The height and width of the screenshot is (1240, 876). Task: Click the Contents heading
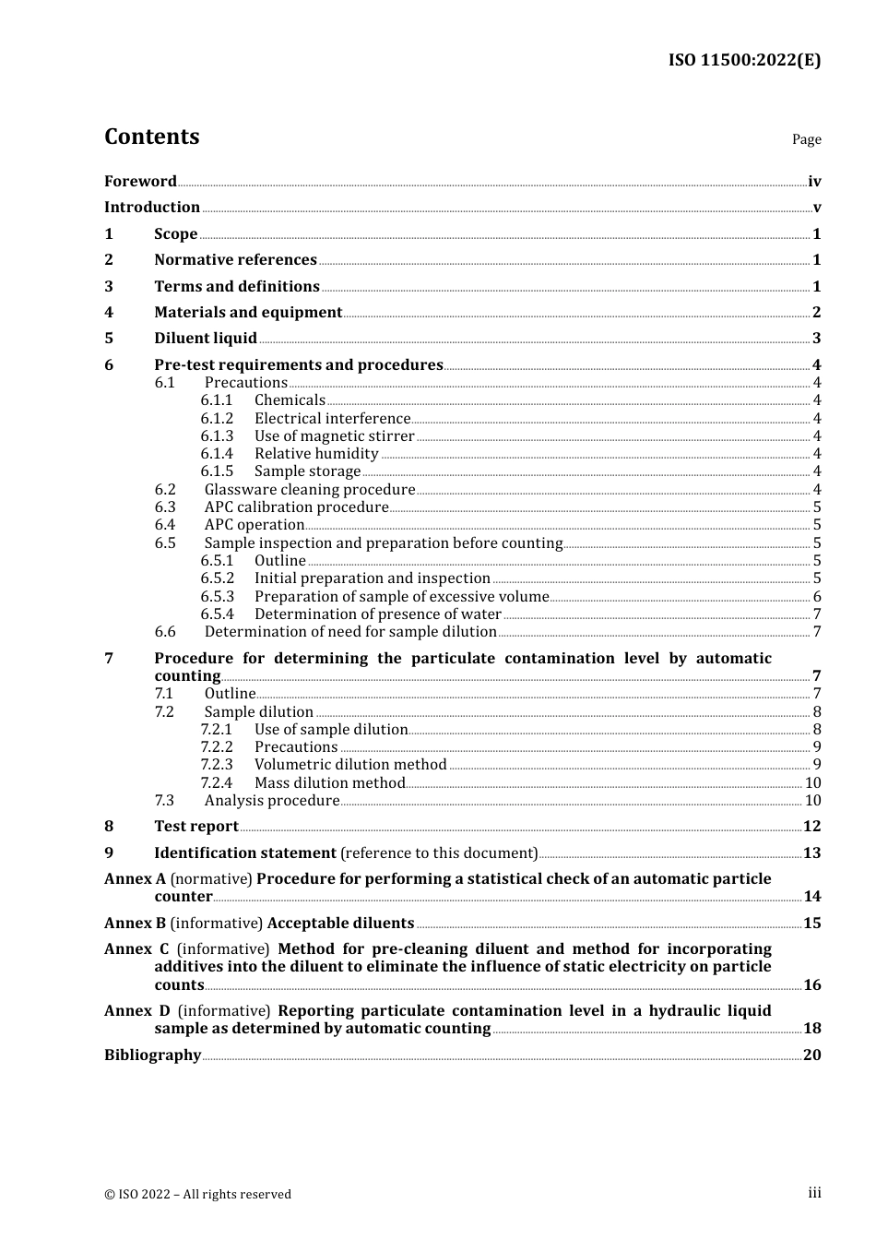point(151,137)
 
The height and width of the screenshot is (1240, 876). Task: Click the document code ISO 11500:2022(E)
point(744,60)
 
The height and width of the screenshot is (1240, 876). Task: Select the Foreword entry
point(140,181)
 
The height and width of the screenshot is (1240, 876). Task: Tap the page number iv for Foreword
point(814,181)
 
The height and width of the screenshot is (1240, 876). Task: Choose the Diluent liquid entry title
point(206,338)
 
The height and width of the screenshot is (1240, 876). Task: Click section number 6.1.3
point(217,435)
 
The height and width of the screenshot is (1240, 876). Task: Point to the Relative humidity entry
point(316,453)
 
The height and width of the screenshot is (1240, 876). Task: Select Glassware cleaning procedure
point(310,489)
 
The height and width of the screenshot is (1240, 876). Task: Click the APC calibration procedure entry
point(296,507)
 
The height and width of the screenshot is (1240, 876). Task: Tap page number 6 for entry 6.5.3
point(817,596)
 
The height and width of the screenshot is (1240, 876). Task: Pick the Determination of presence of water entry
point(378,614)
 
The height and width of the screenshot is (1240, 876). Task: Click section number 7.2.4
point(217,782)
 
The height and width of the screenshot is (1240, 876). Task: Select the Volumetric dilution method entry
point(350,764)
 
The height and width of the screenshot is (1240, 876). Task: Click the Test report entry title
point(196,826)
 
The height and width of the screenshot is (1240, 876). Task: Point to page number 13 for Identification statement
point(811,852)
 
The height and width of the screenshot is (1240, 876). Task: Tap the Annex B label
point(135,923)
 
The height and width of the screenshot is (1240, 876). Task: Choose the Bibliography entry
point(152,1055)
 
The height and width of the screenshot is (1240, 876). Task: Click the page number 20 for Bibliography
point(811,1055)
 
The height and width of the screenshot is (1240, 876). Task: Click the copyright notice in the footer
point(197,1194)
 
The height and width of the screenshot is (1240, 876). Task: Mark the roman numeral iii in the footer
point(814,1193)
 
